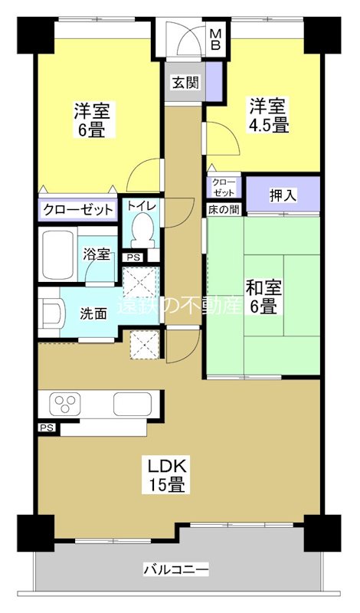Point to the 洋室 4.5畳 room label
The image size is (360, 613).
coord(267,116)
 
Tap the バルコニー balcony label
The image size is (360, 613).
coord(175,569)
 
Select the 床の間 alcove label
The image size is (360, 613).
coord(223,208)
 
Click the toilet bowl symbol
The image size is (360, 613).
coord(142,228)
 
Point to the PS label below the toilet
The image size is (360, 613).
coord(134,257)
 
